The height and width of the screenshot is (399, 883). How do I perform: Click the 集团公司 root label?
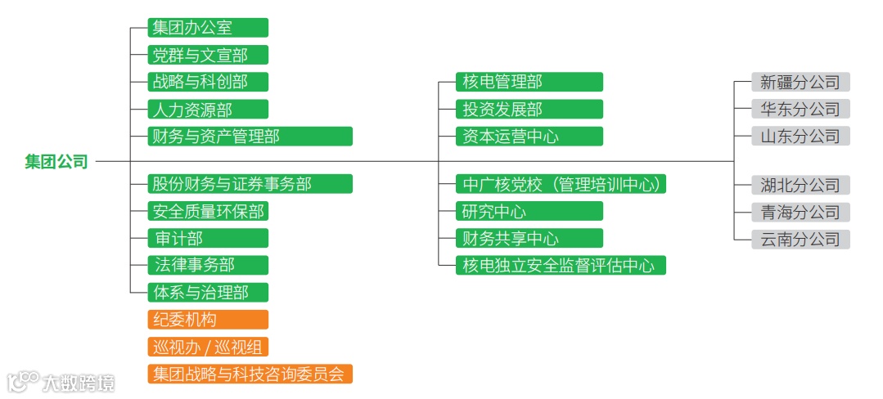56,162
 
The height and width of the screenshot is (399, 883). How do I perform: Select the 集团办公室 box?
208,28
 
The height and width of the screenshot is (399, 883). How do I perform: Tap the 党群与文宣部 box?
208,55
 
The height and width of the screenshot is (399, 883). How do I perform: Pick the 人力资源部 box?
208,109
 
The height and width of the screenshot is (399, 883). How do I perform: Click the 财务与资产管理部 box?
250,136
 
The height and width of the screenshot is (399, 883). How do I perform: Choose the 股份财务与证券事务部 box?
250,184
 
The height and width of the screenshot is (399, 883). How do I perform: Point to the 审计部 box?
208,238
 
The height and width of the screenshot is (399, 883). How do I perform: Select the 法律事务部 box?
208,265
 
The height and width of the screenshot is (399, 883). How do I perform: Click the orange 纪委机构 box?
208,320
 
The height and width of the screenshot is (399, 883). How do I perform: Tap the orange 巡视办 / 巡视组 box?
208,347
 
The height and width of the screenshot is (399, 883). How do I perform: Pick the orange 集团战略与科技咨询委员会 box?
250,374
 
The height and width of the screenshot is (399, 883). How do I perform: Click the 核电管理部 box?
529,82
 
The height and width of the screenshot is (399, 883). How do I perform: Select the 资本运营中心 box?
529,136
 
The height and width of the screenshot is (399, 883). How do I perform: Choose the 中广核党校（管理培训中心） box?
561,184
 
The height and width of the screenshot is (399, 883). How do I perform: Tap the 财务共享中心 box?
529,238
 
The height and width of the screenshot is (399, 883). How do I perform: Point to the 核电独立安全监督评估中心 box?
561,265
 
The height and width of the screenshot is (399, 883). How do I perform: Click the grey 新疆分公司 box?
801,82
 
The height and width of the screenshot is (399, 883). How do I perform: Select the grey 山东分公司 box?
801,136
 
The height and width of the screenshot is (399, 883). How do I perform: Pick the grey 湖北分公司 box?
801,185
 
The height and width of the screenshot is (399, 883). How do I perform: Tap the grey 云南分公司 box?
801,239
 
